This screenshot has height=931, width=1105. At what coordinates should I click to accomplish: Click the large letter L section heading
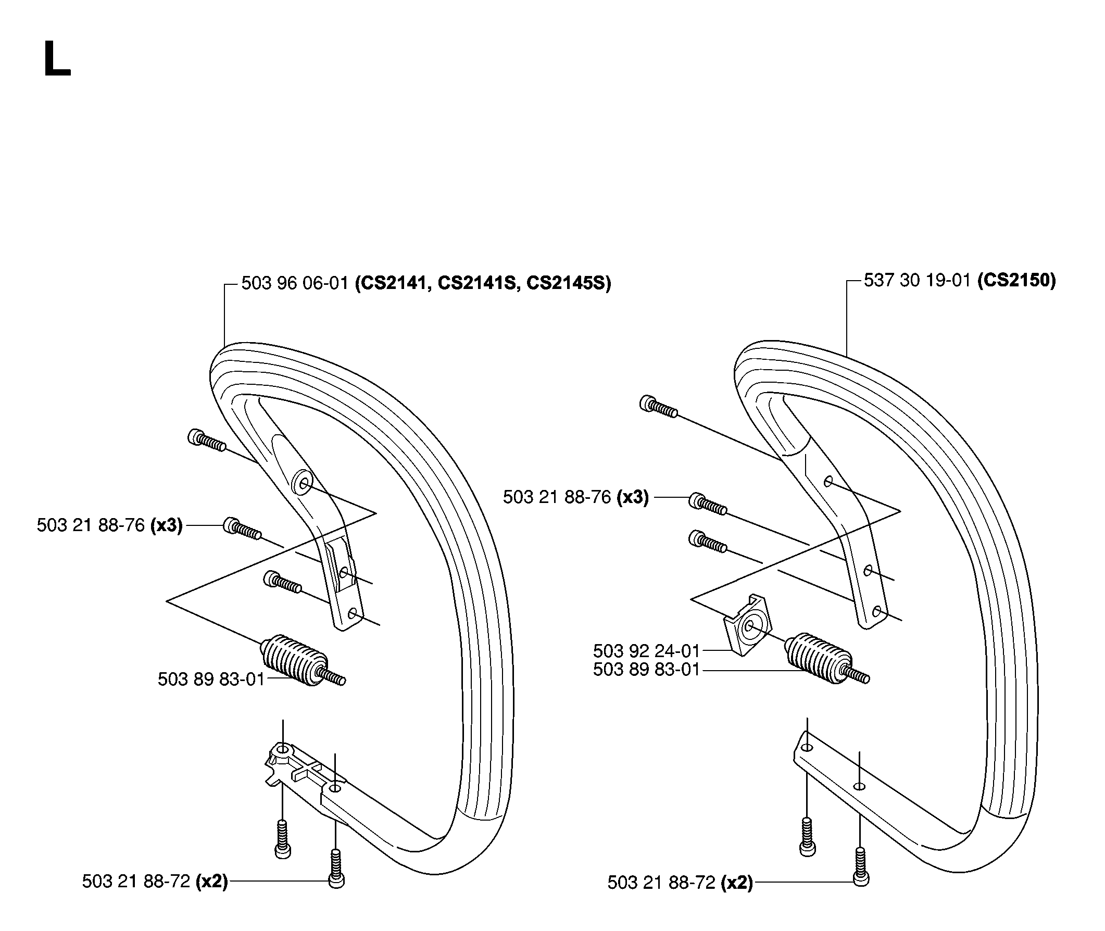(57, 60)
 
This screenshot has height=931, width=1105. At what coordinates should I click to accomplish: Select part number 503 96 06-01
(295, 283)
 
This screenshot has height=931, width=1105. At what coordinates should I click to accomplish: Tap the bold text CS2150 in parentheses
(1016, 280)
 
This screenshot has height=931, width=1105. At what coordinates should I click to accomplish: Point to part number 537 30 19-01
(917, 280)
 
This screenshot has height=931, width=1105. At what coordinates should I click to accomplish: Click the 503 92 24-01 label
(646, 651)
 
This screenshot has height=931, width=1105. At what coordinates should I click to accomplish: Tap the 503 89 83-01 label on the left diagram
(211, 680)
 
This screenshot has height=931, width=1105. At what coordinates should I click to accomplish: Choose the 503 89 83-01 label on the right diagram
(646, 670)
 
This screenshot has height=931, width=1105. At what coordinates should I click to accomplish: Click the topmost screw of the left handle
(207, 441)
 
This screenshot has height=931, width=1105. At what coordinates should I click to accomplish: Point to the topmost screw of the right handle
(659, 406)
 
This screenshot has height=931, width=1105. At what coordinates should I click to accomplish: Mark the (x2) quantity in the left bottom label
(211, 882)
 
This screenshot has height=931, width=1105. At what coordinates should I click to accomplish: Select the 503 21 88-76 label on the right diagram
(557, 497)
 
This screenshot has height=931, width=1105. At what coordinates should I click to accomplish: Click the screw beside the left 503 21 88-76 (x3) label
(242, 528)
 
